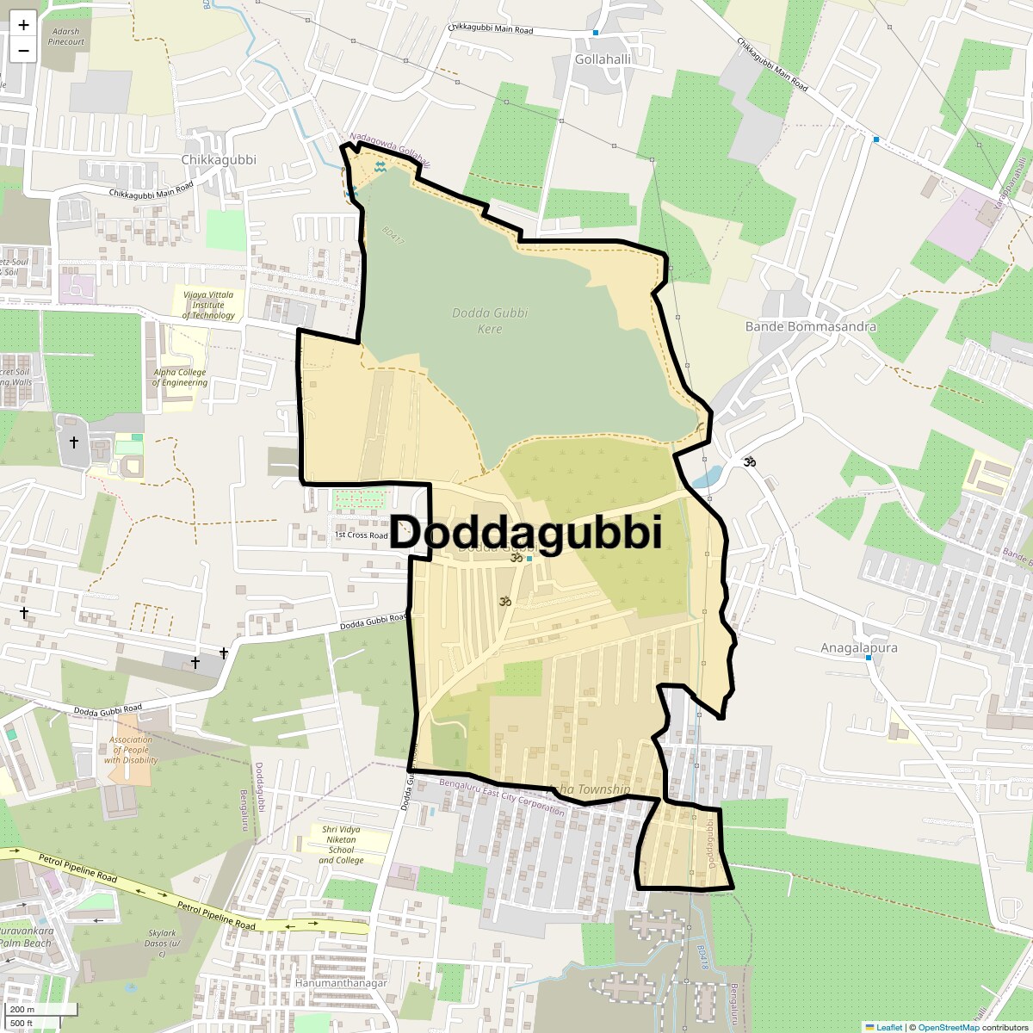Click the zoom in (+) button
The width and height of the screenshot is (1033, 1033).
tap(23, 25)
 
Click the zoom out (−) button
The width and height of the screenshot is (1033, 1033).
tap(23, 50)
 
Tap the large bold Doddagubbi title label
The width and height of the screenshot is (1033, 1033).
tap(526, 532)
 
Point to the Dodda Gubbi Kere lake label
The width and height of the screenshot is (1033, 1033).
tap(490, 320)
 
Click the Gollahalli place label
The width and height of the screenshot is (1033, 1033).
tap(603, 59)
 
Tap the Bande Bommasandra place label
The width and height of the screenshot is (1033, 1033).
tap(810, 326)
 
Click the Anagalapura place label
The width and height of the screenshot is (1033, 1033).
tap(858, 647)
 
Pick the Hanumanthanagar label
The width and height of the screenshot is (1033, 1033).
tap(341, 982)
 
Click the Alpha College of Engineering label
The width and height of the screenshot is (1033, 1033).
tap(180, 378)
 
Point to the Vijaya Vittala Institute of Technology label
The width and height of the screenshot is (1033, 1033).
tap(208, 305)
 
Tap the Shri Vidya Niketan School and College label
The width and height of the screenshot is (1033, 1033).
tap(341, 844)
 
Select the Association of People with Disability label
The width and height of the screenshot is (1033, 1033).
tap(131, 750)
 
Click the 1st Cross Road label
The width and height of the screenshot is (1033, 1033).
tap(361, 535)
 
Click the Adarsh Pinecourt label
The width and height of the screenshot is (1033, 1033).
tap(66, 37)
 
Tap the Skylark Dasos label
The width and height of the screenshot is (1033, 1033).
tap(162, 937)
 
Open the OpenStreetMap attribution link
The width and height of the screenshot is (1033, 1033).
tap(948, 1027)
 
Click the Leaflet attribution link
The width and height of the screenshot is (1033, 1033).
tap(889, 1027)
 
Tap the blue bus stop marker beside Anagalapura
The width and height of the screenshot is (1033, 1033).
tap(868, 658)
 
